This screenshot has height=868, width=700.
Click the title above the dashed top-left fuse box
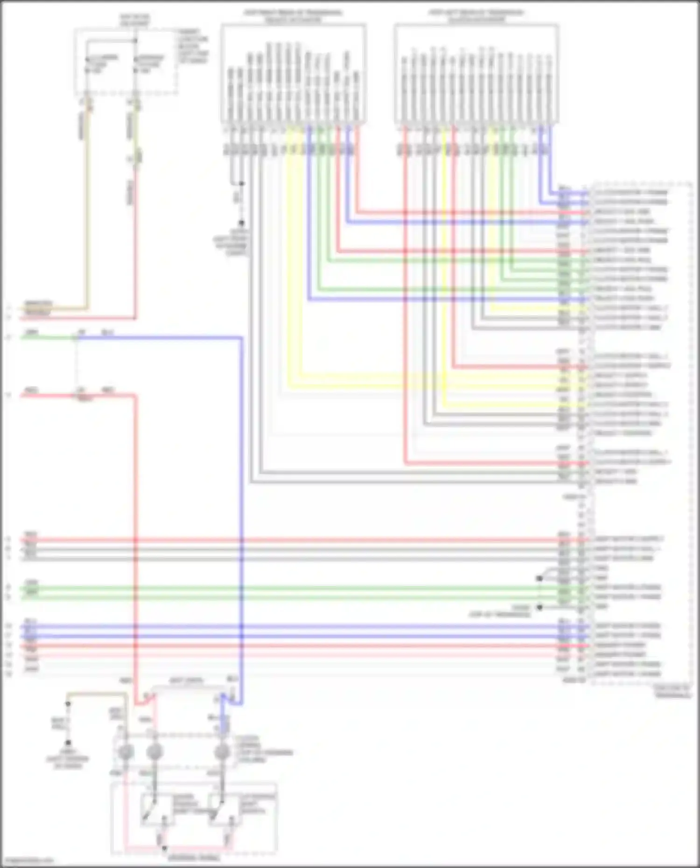click(134, 20)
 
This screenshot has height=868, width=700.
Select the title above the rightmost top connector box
click(476, 16)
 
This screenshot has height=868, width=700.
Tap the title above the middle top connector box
click(293, 16)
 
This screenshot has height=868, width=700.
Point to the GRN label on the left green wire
click(32, 333)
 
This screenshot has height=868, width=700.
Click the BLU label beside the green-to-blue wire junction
click(108, 333)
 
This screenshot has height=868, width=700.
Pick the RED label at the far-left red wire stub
click(32, 390)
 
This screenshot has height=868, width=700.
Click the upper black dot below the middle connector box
click(241, 183)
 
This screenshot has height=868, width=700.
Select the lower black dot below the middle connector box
click(241, 223)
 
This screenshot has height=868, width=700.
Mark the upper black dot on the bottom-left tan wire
click(68, 703)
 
